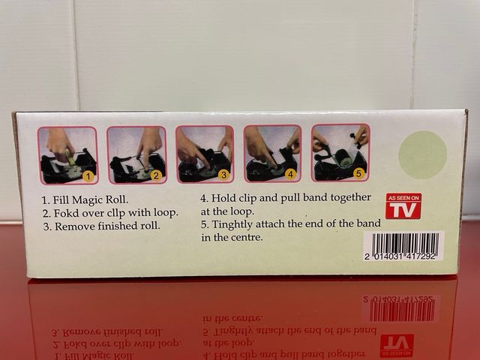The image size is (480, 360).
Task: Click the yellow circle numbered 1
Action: (88, 177)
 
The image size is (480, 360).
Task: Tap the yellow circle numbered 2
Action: (156, 175)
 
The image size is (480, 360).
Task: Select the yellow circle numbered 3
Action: (223, 175)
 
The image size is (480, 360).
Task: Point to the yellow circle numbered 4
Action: (290, 175)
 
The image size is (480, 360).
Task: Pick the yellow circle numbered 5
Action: (358, 173)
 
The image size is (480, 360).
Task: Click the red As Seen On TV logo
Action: (403, 206)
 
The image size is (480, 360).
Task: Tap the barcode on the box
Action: (403, 246)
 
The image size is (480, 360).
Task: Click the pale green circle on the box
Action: (423, 155)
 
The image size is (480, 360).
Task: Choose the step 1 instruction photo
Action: (67, 155)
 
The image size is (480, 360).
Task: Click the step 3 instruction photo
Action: (205, 154)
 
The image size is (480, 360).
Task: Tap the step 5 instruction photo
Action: (340, 153)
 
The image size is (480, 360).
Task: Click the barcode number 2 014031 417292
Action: (400, 256)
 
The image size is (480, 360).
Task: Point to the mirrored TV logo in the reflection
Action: (397, 346)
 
